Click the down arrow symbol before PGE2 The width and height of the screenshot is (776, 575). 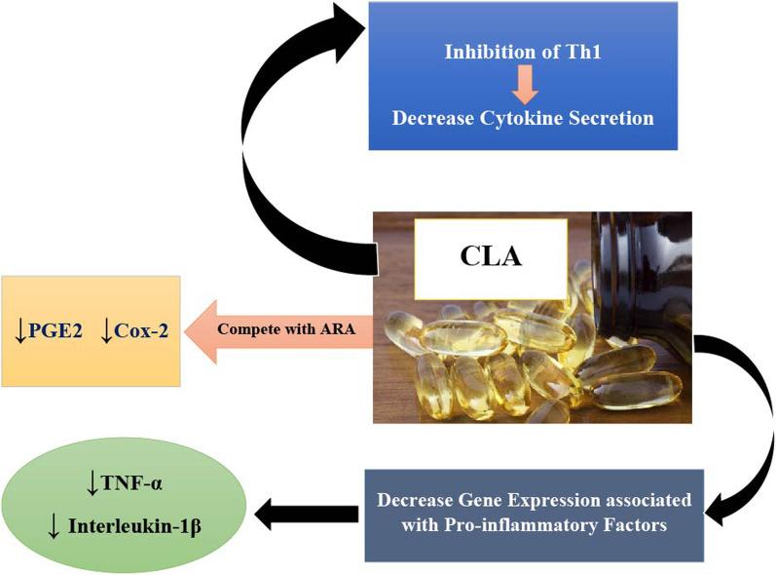[x=20, y=330]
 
